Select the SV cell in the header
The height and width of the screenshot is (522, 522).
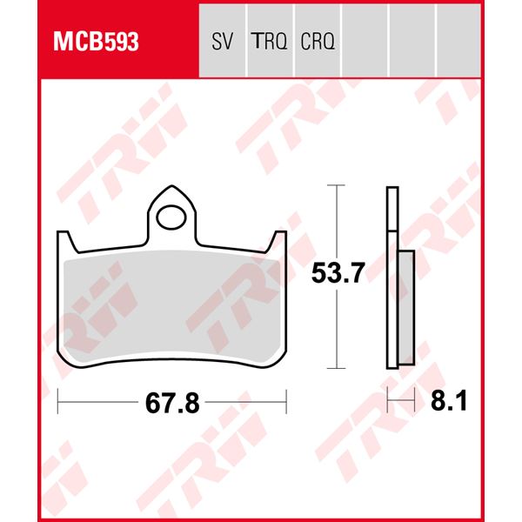click(222, 42)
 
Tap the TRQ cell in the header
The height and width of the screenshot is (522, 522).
click(270, 42)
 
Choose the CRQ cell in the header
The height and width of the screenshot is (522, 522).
click(318, 42)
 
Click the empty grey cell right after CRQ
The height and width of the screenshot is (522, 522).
click(365, 42)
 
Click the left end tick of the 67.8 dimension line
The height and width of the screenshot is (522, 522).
click(57, 403)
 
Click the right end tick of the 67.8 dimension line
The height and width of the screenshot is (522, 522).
click(286, 403)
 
